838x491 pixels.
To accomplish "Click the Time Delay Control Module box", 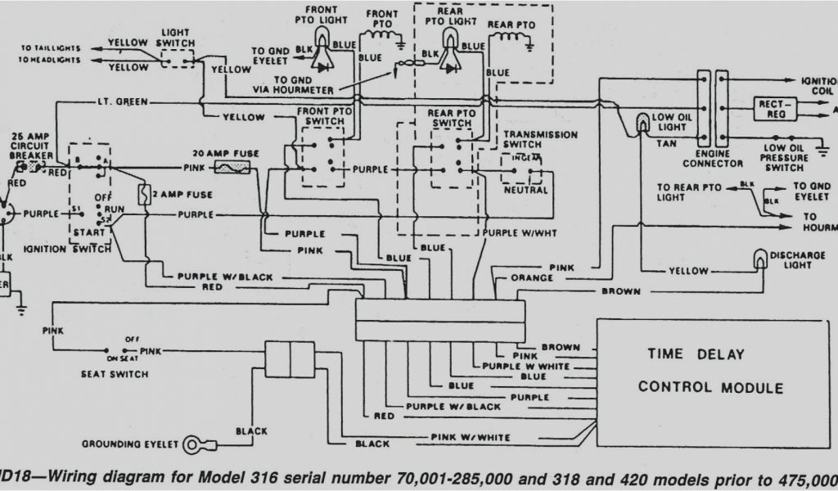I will [710, 381].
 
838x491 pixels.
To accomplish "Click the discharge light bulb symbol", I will [760, 259].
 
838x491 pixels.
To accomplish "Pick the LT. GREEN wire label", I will [114, 101].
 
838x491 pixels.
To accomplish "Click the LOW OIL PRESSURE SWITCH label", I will [783, 157].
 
